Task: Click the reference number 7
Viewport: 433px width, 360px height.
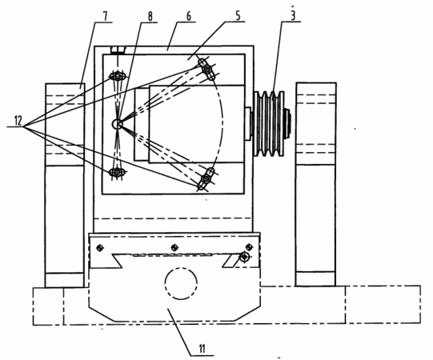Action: pos(105,17)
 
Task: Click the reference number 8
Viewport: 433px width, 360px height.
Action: pos(150,17)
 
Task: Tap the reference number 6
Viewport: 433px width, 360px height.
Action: pos(189,16)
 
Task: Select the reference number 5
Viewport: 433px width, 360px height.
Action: pos(238,16)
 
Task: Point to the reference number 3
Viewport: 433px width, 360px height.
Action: pos(293,15)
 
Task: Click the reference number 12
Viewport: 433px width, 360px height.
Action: pos(18,121)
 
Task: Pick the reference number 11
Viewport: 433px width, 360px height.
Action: pos(202,349)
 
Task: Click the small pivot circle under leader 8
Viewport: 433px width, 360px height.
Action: pos(117,125)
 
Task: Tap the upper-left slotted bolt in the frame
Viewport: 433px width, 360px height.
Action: pos(118,76)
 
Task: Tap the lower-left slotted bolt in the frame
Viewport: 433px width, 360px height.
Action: pos(118,172)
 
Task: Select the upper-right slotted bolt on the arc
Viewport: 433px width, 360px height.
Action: pos(206,69)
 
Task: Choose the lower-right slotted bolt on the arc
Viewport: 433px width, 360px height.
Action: pos(206,179)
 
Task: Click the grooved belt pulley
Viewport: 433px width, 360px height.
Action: pos(269,124)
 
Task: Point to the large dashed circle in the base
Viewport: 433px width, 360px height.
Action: pos(181,283)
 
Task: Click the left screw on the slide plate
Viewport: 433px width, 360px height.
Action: pos(100,248)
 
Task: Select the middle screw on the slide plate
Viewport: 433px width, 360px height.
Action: pos(174,247)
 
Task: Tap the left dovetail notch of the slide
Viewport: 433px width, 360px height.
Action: pos(117,261)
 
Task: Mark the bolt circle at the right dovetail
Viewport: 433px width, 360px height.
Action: pos(245,257)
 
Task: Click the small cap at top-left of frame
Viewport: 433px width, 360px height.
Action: pos(118,50)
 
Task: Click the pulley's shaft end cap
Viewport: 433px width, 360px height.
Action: pos(288,124)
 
